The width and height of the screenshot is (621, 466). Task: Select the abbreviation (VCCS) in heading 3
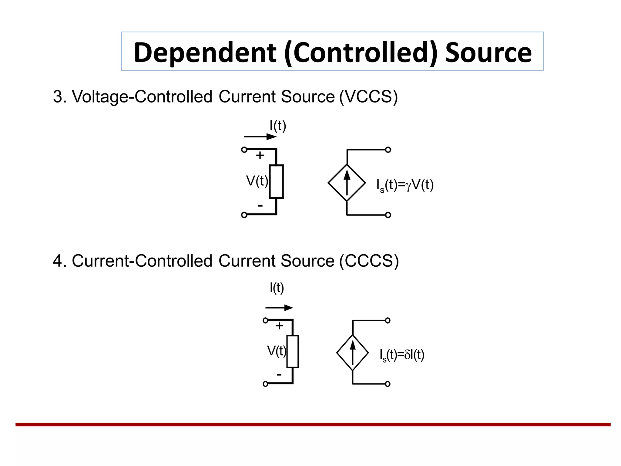[x=368, y=97]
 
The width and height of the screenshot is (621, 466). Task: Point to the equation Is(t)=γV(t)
[x=405, y=185]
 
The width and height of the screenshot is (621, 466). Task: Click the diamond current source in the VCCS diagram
[x=347, y=183]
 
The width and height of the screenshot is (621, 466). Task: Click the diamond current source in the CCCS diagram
[x=352, y=353]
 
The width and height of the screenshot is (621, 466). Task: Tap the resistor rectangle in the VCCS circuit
[x=276, y=181]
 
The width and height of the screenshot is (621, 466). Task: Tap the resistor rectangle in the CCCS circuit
[x=292, y=351]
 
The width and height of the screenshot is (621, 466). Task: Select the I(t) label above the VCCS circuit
[x=278, y=126]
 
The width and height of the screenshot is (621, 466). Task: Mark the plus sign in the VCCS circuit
[x=260, y=155]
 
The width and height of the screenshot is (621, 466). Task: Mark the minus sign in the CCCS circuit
[x=279, y=375]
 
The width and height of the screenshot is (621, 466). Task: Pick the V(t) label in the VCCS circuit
[x=257, y=181]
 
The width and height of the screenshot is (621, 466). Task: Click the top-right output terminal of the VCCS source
[x=388, y=150]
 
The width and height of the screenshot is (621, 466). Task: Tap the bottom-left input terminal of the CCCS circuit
[x=265, y=384]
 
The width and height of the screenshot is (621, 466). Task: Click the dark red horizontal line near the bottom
[x=312, y=424]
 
